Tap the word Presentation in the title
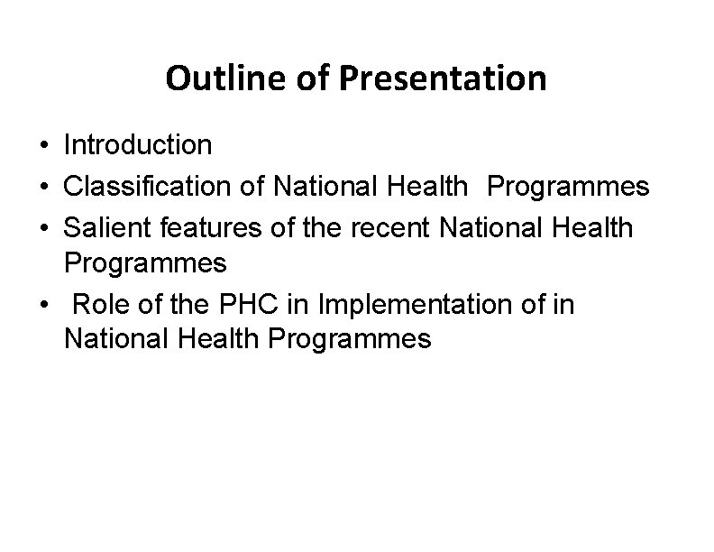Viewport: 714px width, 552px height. point(442,79)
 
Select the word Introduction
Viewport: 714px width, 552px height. point(138,144)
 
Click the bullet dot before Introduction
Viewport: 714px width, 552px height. point(43,145)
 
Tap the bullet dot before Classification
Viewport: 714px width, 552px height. point(43,188)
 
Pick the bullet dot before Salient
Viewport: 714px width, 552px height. point(43,229)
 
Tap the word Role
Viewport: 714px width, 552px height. point(97,306)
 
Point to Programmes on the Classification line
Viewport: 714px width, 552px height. point(568,187)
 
